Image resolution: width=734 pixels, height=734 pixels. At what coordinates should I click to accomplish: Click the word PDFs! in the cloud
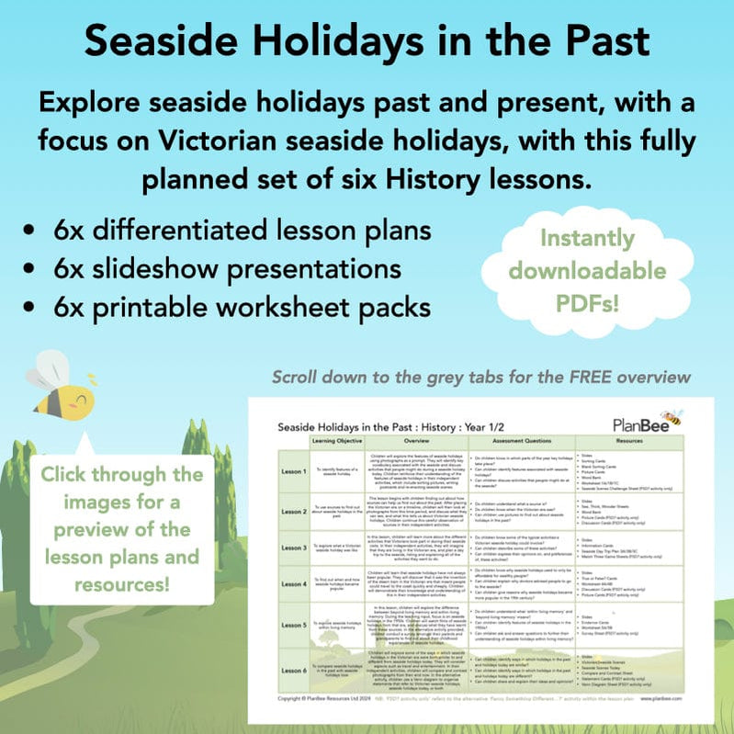[588, 301]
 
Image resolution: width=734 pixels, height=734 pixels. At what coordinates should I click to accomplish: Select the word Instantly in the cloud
[588, 238]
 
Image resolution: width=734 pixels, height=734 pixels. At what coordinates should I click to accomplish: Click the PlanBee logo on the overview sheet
[649, 423]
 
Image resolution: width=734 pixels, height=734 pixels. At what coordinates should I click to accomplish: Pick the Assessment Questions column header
[521, 441]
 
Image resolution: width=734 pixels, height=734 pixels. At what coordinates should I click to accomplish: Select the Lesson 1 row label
[293, 468]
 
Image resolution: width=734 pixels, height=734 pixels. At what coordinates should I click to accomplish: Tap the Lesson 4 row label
[293, 583]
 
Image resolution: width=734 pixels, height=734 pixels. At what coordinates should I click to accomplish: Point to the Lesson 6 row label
[293, 672]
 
